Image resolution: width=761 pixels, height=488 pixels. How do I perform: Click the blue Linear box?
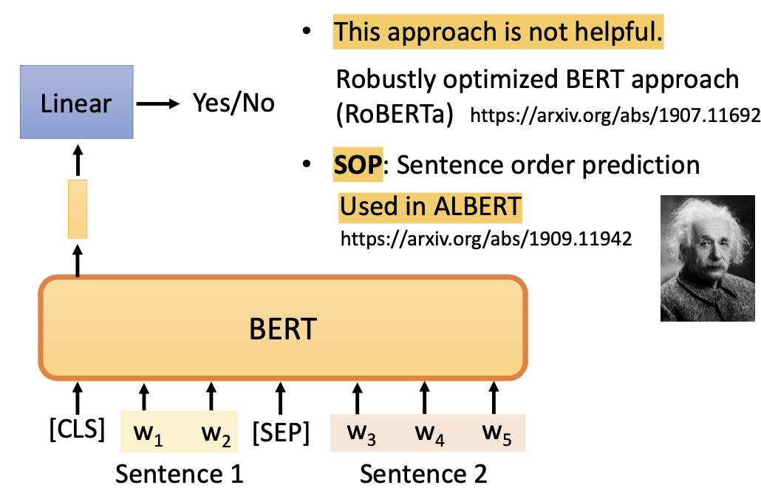[77, 103]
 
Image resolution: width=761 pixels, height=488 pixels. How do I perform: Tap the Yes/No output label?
[233, 103]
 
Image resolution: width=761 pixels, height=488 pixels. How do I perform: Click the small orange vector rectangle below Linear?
[78, 209]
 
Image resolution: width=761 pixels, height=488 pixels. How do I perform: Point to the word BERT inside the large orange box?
[282, 328]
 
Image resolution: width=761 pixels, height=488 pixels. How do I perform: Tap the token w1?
[148, 433]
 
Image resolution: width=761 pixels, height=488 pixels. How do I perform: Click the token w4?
[428, 433]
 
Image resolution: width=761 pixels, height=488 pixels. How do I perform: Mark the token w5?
[495, 433]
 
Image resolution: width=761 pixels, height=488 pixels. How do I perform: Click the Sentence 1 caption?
[179, 472]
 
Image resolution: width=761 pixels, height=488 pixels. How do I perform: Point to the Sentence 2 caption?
[423, 472]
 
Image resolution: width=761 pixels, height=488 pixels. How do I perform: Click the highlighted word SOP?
[358, 165]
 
